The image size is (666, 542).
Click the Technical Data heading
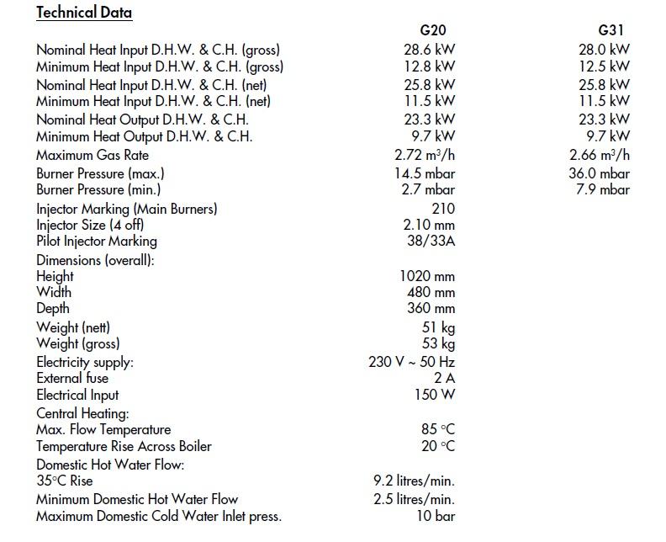84,13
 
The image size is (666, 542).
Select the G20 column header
432,30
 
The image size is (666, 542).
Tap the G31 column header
610,30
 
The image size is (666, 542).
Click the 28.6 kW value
429,50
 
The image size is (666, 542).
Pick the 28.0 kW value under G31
604,50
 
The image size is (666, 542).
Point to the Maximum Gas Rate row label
92,155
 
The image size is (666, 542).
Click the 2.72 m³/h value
425,155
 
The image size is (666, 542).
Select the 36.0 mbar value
599,173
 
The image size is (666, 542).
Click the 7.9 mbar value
603,189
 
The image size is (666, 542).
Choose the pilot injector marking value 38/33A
430,242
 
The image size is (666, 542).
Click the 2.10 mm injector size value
429,225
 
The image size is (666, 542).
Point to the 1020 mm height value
427,276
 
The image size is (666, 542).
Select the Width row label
54,292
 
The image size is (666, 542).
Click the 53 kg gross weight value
438,343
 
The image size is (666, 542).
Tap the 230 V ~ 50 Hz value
412,362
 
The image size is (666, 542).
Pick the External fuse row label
72,378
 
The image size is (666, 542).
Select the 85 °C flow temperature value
437,429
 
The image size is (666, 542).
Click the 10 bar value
436,516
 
